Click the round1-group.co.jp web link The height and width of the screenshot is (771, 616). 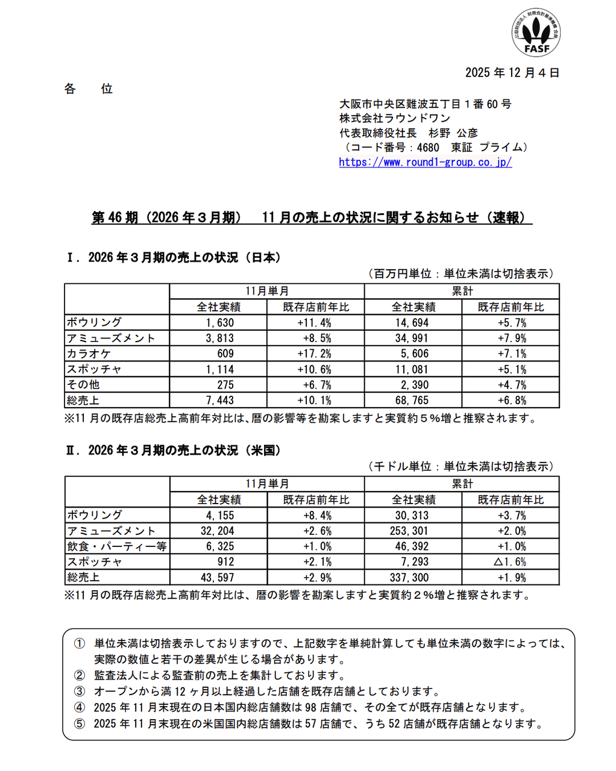[x=425, y=162]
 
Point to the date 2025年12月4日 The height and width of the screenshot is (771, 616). [x=512, y=73]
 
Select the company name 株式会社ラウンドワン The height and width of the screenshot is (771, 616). [x=395, y=119]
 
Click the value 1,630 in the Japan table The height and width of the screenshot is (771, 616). [x=219, y=323]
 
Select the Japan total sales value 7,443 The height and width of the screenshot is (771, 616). [x=219, y=401]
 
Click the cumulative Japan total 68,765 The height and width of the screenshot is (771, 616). [x=412, y=401]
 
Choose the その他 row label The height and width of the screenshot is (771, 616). [x=83, y=385]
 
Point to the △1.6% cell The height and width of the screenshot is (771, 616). [x=510, y=562]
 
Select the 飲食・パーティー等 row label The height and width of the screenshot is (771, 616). [x=117, y=547]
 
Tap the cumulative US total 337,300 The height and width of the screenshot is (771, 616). [x=410, y=578]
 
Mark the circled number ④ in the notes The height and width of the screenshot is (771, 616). [x=80, y=708]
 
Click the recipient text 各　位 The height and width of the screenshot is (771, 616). [x=89, y=89]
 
